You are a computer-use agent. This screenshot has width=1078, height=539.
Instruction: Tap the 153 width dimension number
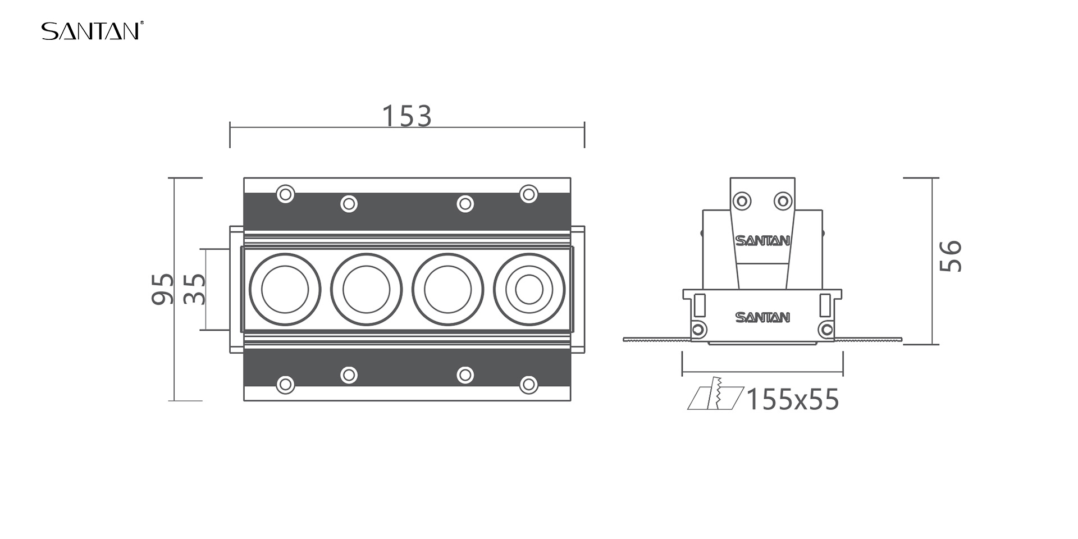[406, 116]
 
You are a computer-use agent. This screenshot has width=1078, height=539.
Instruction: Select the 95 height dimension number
[163, 289]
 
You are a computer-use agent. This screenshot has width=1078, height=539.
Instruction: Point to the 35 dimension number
[195, 289]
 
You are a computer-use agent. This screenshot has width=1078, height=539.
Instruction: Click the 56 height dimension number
[951, 256]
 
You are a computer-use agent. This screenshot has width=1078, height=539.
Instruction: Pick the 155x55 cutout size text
[793, 400]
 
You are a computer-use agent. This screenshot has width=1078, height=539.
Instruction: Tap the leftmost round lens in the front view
[285, 290]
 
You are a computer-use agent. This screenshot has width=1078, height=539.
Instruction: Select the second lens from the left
[366, 290]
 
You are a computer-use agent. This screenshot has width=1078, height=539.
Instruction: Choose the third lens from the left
[447, 290]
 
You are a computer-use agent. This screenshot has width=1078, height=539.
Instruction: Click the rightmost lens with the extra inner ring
[529, 290]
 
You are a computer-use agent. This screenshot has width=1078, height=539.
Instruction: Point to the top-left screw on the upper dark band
[286, 194]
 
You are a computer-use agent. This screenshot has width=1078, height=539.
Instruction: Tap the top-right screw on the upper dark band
[529, 194]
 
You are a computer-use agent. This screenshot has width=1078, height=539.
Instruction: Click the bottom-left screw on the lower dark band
[286, 385]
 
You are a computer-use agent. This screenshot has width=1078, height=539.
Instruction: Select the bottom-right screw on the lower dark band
[529, 385]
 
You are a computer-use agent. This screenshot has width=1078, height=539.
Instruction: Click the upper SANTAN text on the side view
[762, 241]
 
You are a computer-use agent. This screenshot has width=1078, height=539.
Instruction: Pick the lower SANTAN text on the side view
[762, 318]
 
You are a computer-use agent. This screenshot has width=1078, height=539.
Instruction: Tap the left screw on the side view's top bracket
[742, 200]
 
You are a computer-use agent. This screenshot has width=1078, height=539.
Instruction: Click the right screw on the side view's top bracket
[783, 200]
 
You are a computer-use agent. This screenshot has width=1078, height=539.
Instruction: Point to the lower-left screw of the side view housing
[699, 329]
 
